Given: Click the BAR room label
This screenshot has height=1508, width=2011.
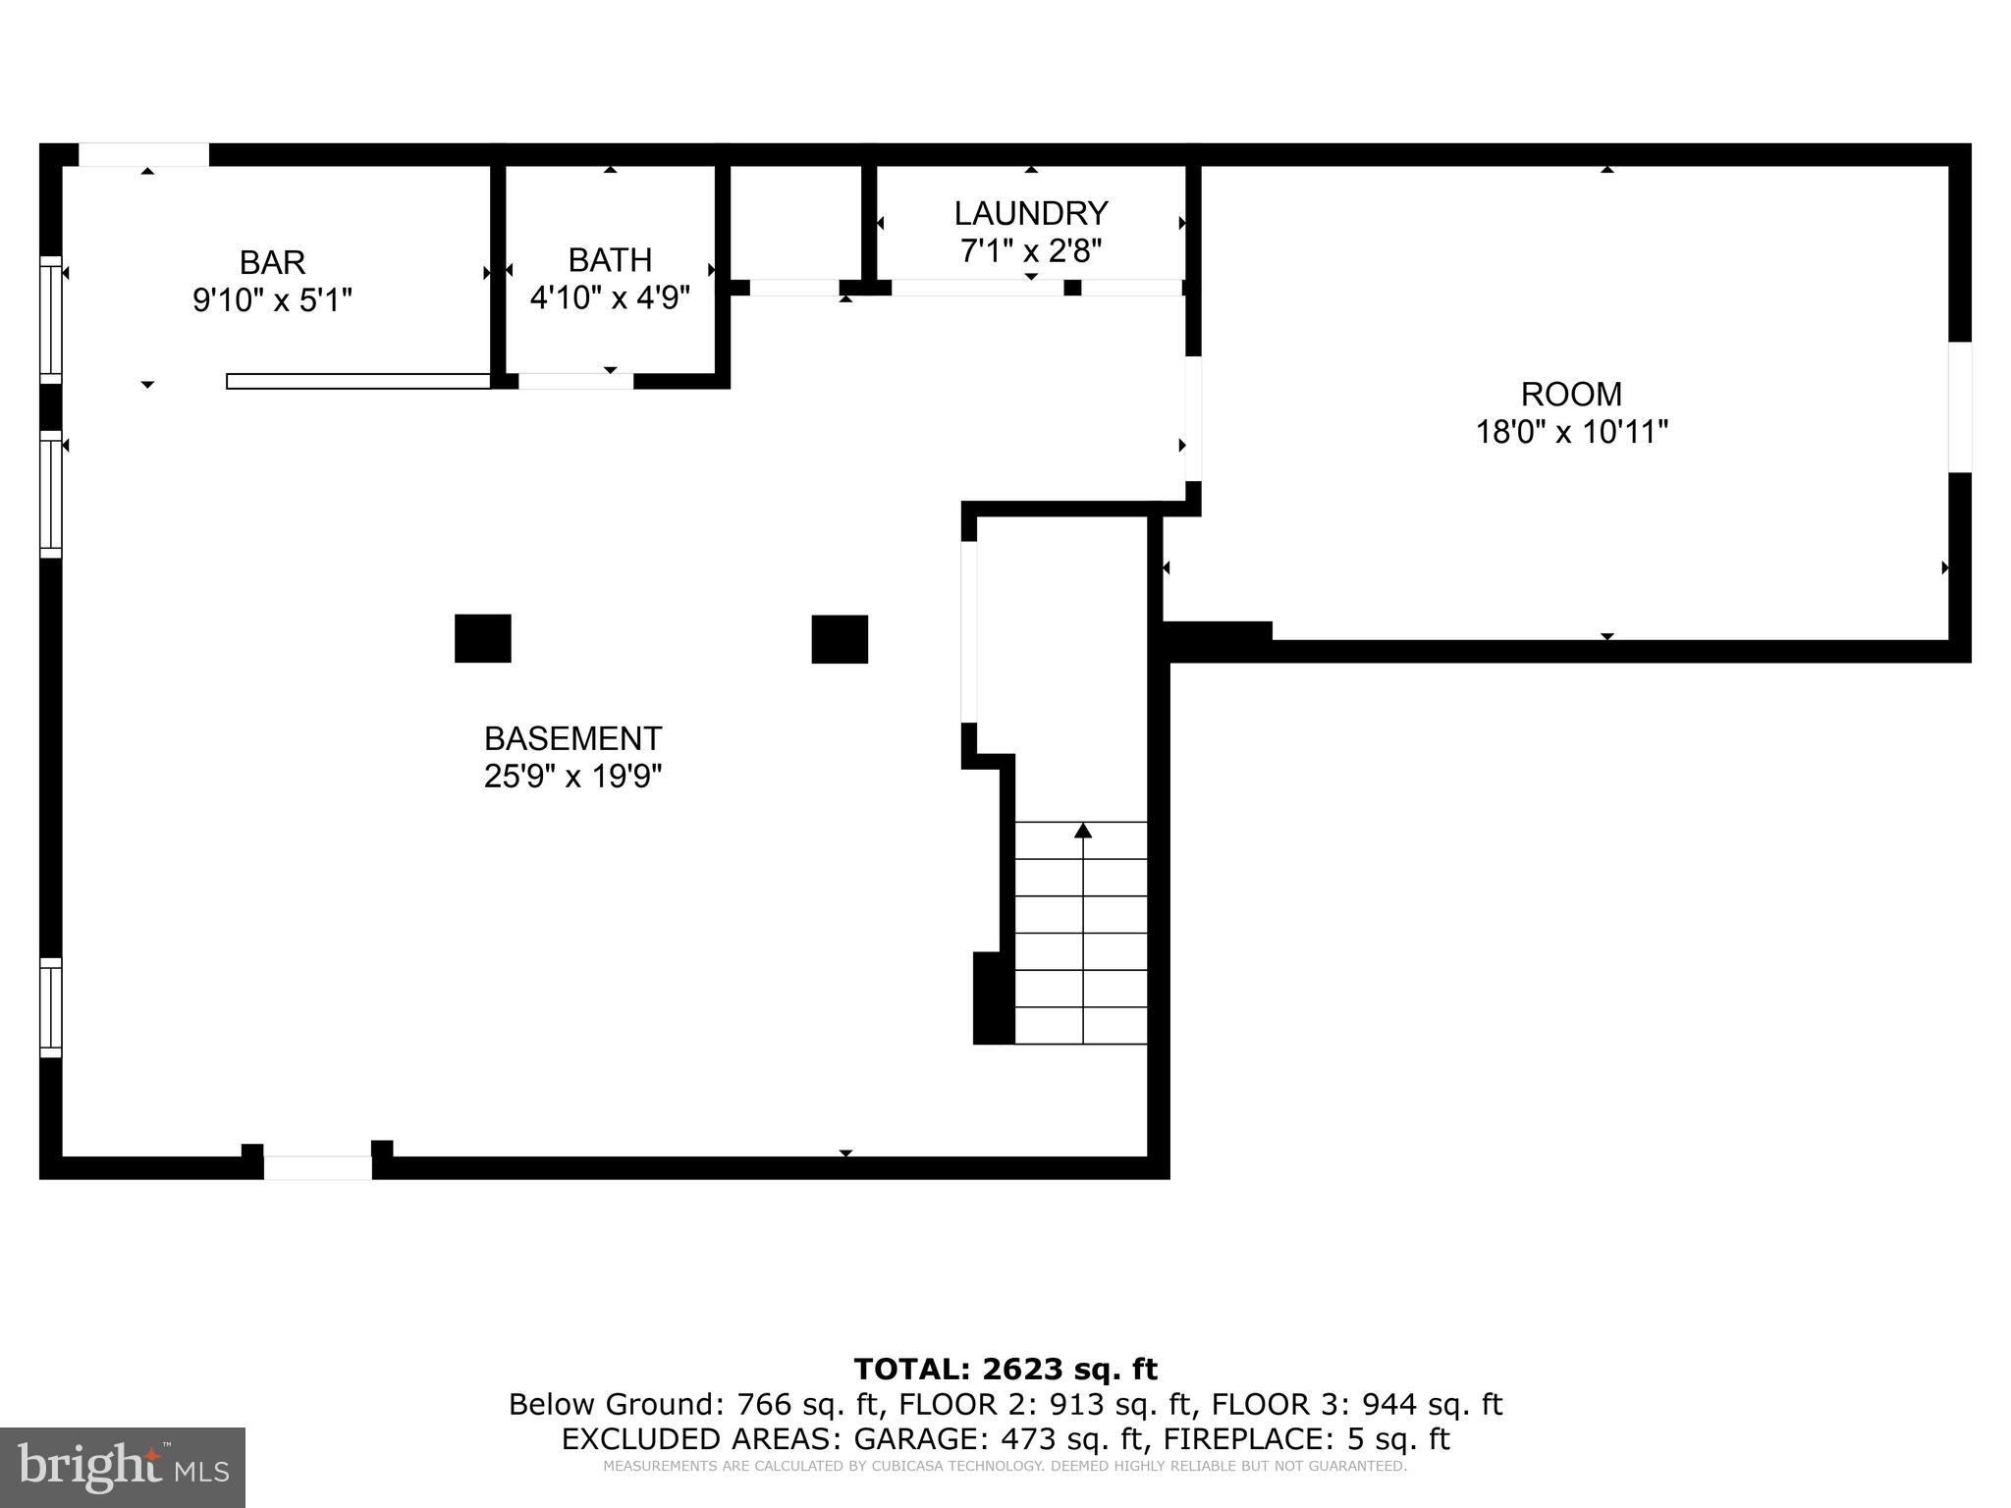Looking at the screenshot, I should click(x=272, y=262).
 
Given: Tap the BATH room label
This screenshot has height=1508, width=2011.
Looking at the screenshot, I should click(x=610, y=260).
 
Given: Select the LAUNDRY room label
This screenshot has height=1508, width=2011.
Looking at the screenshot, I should click(x=1031, y=213).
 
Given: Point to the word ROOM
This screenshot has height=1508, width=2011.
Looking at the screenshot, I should click(x=1571, y=395).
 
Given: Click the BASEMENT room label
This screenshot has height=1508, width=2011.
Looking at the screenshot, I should click(x=572, y=738).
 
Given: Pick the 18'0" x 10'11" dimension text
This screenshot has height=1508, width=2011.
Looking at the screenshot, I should click(x=1571, y=432).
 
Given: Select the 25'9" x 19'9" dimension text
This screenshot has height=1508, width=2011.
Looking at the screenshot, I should click(x=572, y=777).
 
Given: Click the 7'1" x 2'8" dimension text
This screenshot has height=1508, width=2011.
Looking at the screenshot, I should click(x=1031, y=251).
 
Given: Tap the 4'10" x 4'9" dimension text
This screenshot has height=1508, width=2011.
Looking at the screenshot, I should click(x=610, y=297).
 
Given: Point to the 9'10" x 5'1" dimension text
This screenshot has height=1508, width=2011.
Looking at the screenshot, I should click(x=272, y=299).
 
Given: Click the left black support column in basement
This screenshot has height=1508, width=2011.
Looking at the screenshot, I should click(x=482, y=638).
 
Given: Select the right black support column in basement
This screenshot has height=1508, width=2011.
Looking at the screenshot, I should click(x=840, y=639).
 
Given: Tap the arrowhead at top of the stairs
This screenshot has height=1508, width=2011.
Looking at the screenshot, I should click(x=1083, y=831).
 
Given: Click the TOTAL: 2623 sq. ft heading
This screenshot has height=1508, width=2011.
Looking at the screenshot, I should click(x=1005, y=1369).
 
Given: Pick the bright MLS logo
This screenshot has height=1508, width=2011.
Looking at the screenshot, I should click(x=123, y=1467).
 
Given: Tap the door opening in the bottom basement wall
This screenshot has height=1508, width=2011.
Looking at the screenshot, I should click(x=317, y=1167).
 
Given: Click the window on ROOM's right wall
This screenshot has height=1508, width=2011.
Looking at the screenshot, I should click(x=1959, y=406).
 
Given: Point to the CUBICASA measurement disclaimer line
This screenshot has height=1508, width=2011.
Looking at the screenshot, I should click(x=1005, y=1467).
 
